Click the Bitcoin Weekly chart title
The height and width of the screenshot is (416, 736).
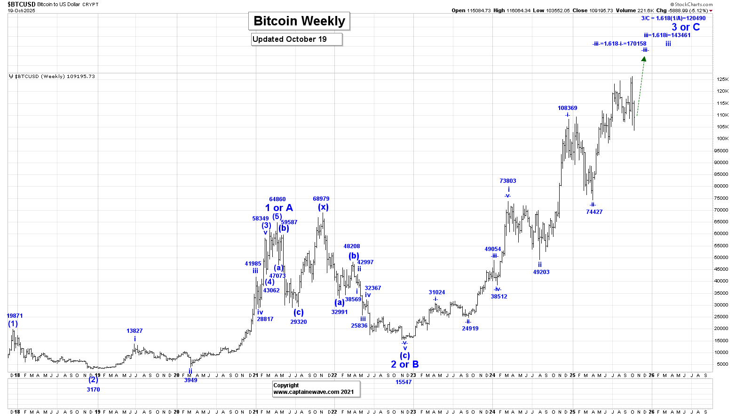pos(299,21)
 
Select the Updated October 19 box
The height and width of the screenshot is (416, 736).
pos(297,39)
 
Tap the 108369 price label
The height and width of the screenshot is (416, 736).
pos(567,108)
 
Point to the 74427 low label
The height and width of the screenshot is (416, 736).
pos(594,212)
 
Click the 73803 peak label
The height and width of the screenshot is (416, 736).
pos(507,181)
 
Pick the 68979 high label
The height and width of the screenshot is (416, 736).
pos(321,199)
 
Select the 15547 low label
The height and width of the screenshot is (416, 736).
pos(403,382)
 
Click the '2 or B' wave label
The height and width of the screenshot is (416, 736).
pos(404,364)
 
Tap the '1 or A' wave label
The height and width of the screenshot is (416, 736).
pos(279,208)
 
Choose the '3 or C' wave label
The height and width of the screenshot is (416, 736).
pos(685,27)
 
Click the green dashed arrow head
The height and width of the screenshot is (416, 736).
pos(644,59)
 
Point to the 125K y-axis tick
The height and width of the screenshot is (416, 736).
pos(722,79)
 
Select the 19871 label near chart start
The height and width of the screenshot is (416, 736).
pos(15,316)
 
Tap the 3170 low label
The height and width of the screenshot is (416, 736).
pos(93,390)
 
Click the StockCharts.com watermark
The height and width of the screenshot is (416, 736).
pos(693,4)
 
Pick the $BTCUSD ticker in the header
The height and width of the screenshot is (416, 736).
pos(21,4)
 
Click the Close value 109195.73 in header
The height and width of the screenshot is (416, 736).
pos(601,10)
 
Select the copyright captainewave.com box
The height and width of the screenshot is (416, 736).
pos(316,389)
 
